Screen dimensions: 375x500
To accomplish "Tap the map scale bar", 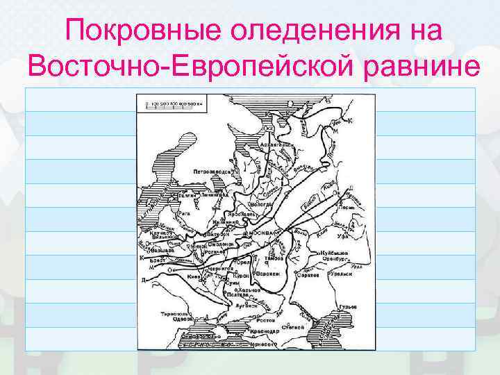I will pyautogui.click(x=173, y=103).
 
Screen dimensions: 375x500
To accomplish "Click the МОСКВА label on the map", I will pyautogui.click(x=263, y=231).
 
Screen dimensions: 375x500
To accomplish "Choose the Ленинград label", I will pyautogui.click(x=214, y=195).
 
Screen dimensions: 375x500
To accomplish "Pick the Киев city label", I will pyautogui.click(x=192, y=276).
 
